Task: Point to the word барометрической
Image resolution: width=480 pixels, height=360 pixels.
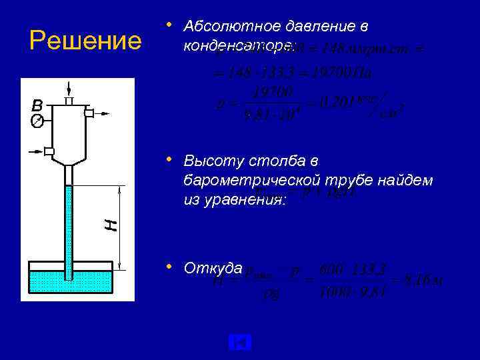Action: (x=261, y=181)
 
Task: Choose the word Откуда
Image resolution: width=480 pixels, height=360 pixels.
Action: (x=213, y=268)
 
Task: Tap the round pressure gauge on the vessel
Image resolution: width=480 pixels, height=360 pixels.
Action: (x=37, y=121)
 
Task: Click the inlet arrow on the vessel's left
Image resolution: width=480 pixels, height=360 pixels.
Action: (x=37, y=151)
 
